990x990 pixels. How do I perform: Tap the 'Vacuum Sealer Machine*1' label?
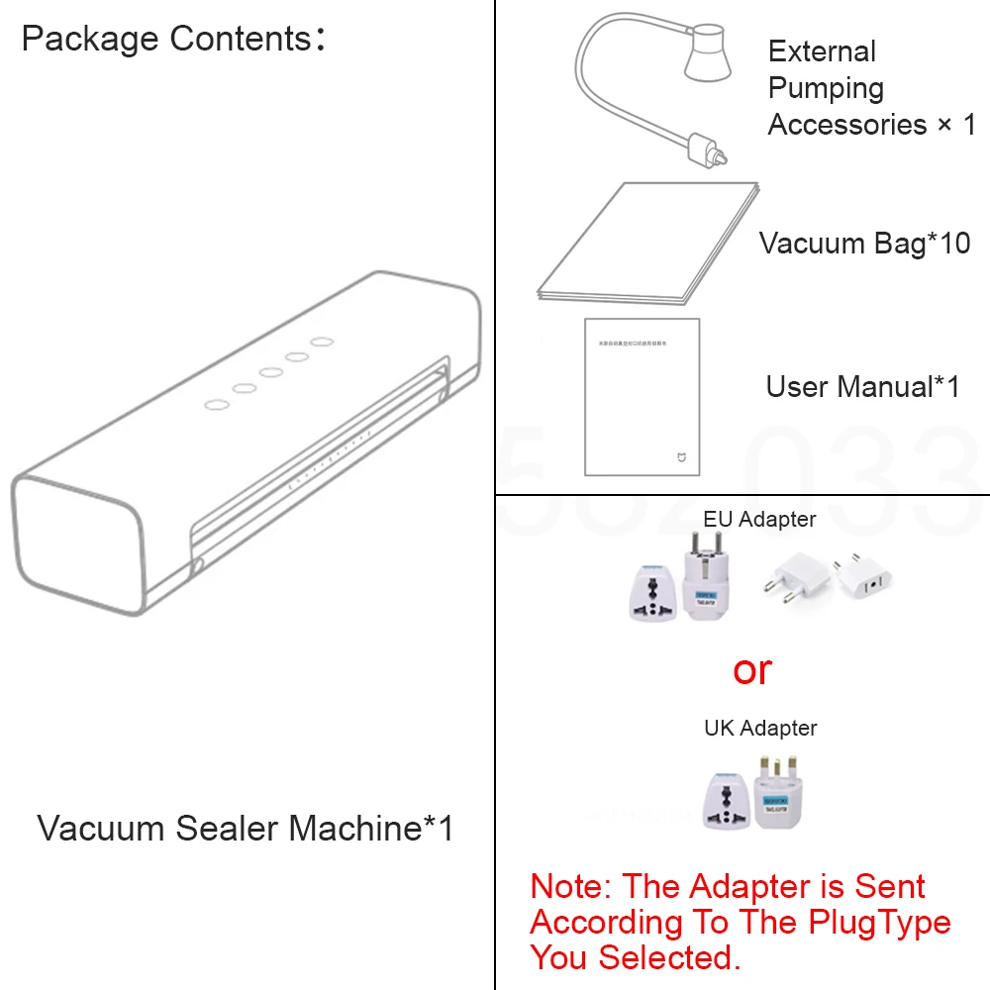246,828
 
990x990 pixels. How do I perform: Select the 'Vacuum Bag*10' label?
864,243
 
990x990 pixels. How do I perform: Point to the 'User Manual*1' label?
862,386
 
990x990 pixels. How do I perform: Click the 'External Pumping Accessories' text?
871,88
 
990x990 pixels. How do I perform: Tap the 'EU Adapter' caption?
759,519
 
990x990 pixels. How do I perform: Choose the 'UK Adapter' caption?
760,728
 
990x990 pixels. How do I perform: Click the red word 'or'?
752,670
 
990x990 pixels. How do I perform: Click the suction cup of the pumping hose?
707,56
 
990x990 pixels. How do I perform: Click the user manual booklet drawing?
642,396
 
